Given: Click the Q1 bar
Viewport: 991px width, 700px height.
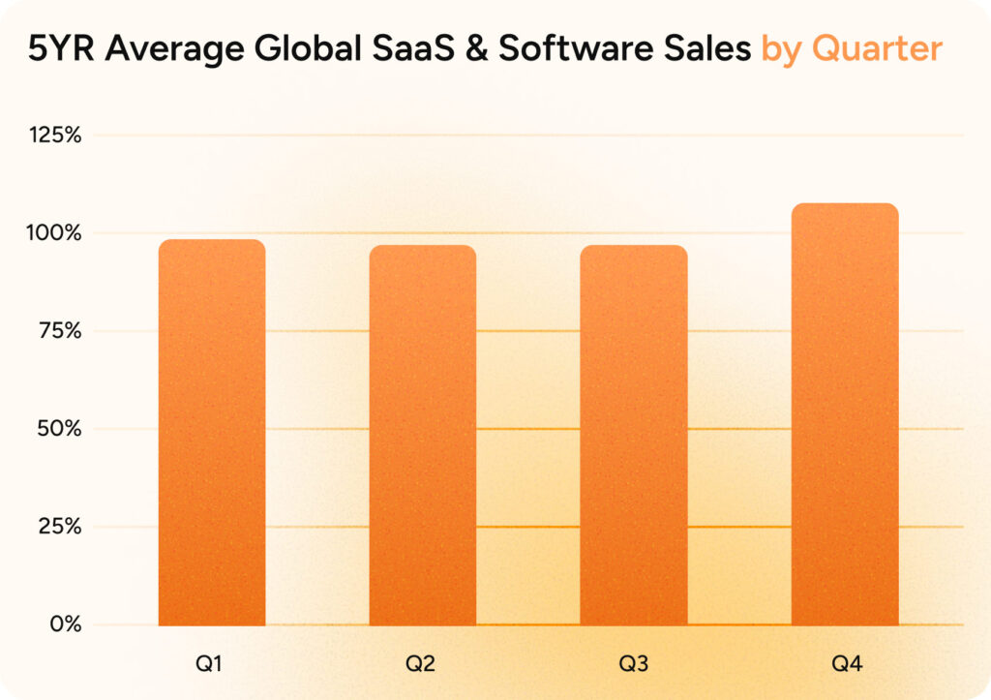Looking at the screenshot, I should tap(212, 432).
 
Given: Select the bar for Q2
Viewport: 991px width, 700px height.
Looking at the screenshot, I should tap(423, 435).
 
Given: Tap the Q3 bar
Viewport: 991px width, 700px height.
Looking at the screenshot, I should tap(634, 435).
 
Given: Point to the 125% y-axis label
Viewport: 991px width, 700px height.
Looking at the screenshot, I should tap(54, 136).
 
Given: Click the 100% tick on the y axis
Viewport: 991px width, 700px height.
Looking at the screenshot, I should tap(54, 233).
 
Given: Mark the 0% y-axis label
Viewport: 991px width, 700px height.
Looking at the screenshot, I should tap(64, 624).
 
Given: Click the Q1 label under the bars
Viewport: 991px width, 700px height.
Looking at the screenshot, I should tap(212, 665).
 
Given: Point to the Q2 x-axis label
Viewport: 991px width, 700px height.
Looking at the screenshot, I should tap(423, 665).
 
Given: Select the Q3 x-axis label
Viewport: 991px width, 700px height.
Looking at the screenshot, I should tap(634, 665).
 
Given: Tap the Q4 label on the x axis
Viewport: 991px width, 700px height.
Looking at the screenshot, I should tap(845, 665).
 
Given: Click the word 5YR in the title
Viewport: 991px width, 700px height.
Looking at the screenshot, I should tap(61, 48).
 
